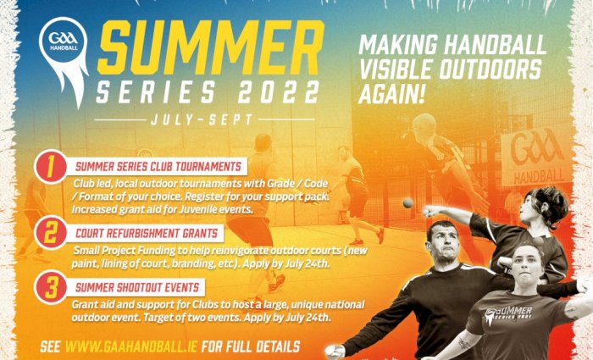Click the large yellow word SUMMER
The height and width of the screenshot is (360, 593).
point(211,47)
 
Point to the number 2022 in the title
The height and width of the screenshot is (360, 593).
point(278,92)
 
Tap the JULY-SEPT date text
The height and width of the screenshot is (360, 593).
point(202,120)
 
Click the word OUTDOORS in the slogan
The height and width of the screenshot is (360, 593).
point(489,69)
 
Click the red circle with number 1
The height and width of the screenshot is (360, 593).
point(50,167)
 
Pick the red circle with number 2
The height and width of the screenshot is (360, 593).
point(50,233)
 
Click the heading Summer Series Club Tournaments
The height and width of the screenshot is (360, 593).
point(158,167)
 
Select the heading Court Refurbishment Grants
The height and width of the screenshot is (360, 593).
point(147,233)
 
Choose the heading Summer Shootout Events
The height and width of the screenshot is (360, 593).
point(137,288)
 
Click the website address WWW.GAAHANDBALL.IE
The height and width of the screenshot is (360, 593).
point(131,346)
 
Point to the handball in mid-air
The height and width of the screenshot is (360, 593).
point(408,203)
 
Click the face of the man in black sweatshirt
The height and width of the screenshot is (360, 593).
point(441,246)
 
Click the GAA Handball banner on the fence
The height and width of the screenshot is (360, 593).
point(536,157)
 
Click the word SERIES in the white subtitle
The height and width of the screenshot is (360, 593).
point(156,92)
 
